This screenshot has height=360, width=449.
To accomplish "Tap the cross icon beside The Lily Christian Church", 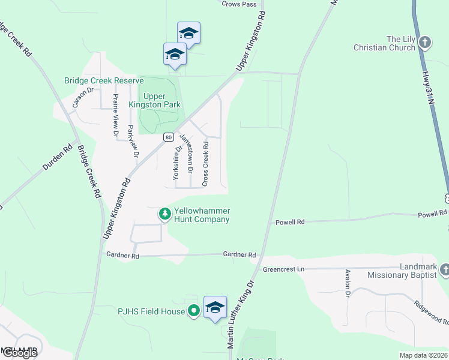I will tap(425, 43).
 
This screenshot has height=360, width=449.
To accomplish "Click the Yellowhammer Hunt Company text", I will tap(202, 215).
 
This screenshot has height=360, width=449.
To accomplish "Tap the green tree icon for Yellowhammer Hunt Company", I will tap(164, 214).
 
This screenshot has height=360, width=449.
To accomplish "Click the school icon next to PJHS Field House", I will tap(215, 307).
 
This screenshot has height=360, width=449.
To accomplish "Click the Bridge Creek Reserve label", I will tap(104, 80).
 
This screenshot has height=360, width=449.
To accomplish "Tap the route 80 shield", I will tap(167, 137).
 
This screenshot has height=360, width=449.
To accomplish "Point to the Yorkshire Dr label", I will tap(176, 163).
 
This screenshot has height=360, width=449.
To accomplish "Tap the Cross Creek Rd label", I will tap(205, 163).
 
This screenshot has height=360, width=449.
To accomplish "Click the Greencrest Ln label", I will tap(284, 269).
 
